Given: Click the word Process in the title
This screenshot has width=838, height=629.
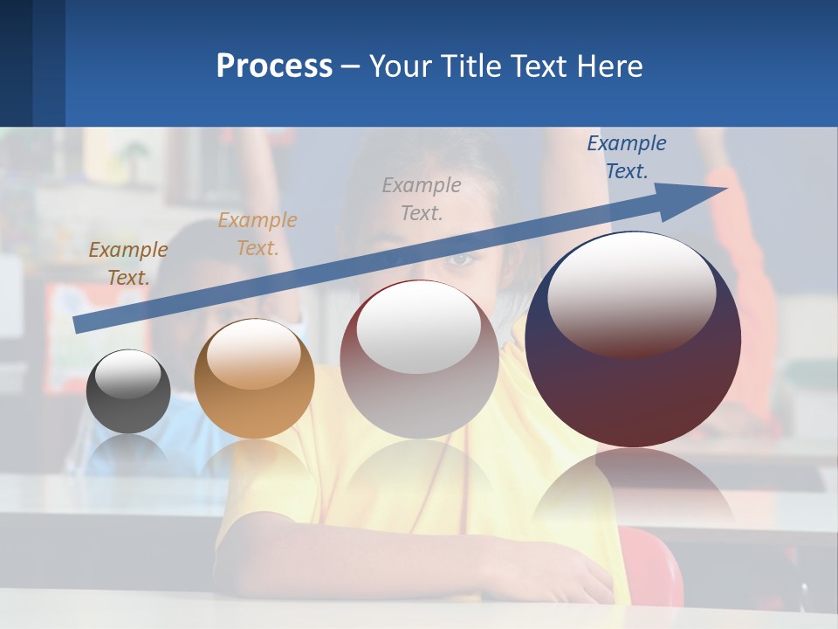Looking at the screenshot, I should coord(274,66).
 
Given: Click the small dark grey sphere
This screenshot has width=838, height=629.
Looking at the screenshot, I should coord(128,391).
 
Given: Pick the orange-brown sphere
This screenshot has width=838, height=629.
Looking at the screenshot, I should coord(254,378).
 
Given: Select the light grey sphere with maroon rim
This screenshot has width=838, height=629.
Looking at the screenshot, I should coord(419,359).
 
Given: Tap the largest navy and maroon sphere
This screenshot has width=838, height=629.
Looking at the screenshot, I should coord(633,339).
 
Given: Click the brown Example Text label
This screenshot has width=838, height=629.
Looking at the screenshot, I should coord(128,263).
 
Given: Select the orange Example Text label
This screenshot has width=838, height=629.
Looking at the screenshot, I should coord(258,233).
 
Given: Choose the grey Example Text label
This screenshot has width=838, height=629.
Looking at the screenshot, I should coord(422,198).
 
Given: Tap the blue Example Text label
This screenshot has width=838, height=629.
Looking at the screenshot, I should coord(627,156).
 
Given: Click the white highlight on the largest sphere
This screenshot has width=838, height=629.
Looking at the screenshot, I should coord(631,293).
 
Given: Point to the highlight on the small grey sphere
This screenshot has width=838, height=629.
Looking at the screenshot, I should coord(128,374).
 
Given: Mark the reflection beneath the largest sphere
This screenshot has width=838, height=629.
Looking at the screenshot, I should coord(633,489).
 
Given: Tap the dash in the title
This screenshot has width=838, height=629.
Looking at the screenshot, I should coord(351,66).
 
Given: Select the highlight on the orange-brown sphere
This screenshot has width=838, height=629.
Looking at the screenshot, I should coord(254,354).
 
